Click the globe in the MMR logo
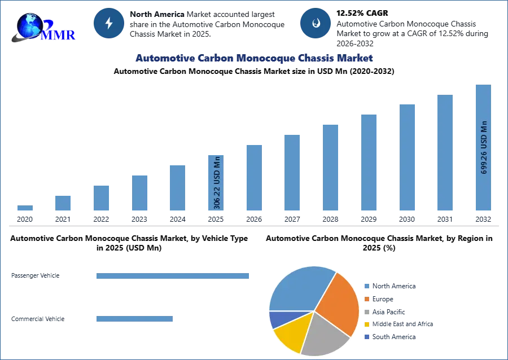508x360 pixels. tap(30, 25)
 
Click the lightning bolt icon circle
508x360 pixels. tap(109, 23)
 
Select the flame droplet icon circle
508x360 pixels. tap(315, 23)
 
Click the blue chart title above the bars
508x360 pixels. tap(254, 58)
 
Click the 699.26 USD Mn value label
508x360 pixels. tap(484, 147)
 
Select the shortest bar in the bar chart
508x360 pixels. tap(25, 208)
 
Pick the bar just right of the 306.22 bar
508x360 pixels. tap(253, 178)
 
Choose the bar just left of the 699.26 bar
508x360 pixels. tap(444, 153)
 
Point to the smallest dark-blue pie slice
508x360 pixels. tap(279, 319)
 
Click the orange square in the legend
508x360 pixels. tap(366, 298)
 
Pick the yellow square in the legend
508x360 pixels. tap(366, 324)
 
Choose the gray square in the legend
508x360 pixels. tap(366, 311)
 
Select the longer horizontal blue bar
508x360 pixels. tap(173, 275)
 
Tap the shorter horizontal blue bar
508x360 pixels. tap(135, 320)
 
